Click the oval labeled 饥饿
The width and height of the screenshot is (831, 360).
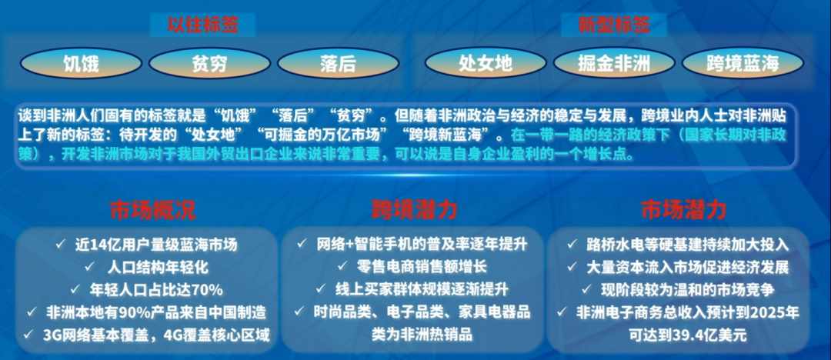[x=81, y=64]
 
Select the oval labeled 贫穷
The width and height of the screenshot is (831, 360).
[x=209, y=64]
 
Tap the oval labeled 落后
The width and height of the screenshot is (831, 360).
[x=338, y=64]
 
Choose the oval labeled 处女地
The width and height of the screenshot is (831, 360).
[x=486, y=64]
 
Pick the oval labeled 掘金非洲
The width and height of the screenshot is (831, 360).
[x=614, y=64]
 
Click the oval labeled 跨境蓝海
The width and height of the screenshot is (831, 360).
[x=743, y=64]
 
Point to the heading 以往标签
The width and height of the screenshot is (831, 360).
[x=202, y=25]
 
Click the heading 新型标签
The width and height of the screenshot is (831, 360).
[x=614, y=25]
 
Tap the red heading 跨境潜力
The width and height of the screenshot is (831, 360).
[x=414, y=211]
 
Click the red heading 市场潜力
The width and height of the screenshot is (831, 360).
[x=683, y=211]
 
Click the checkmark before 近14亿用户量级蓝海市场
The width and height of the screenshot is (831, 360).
[x=60, y=244]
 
